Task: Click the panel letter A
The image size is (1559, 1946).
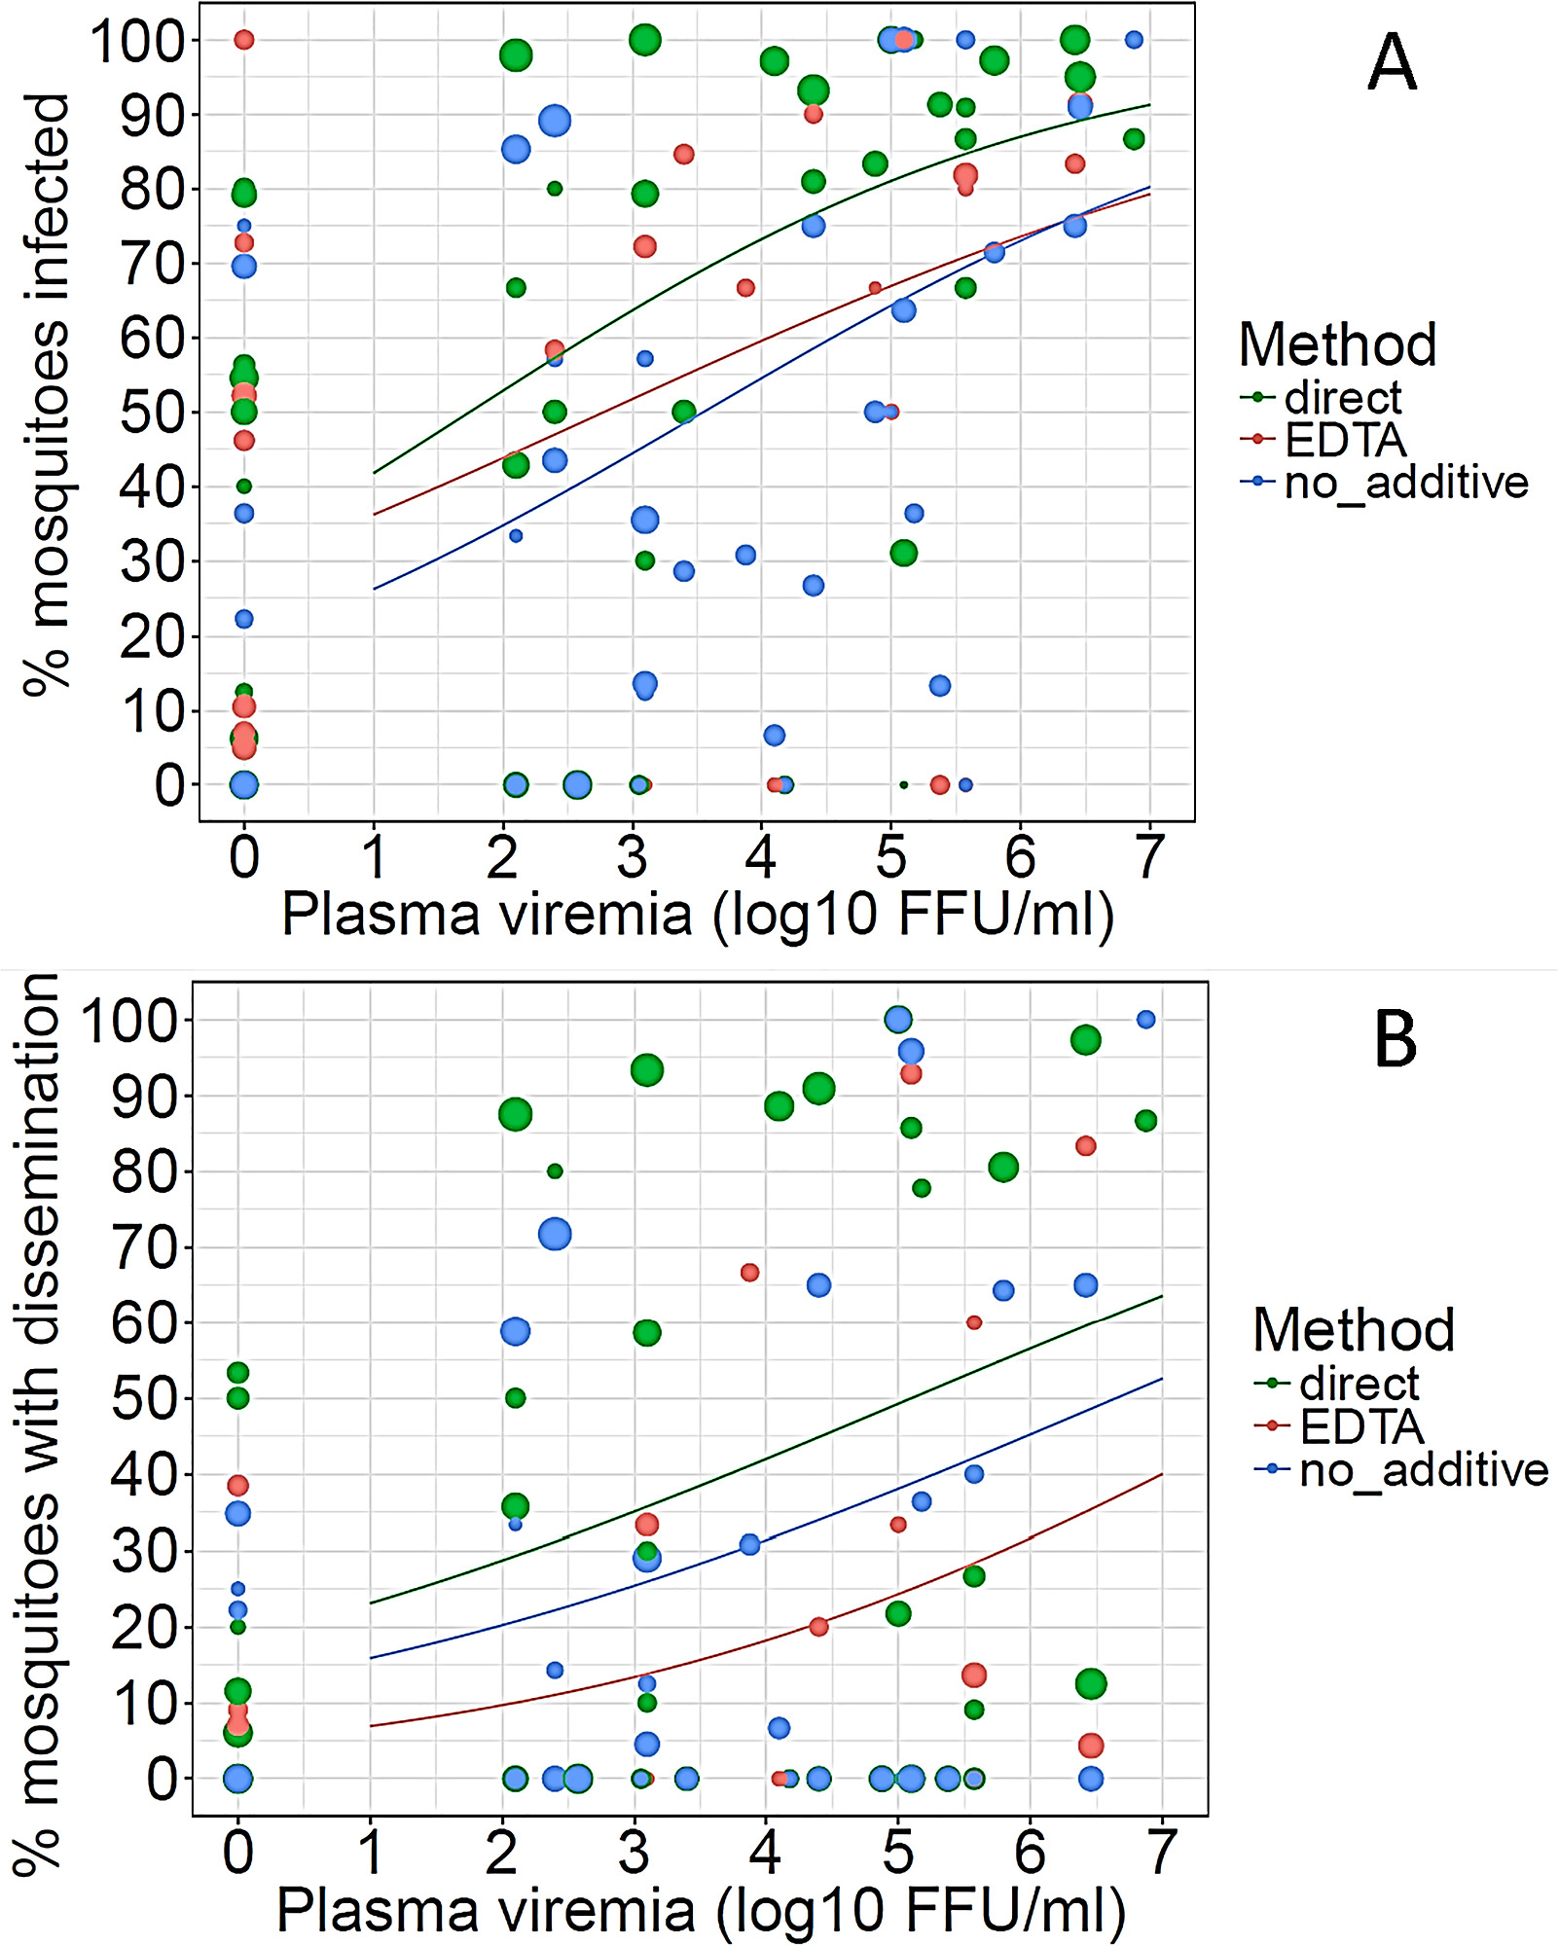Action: point(1392,62)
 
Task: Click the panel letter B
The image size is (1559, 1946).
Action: point(1395,1039)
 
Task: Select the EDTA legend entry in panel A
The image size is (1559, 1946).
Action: point(1345,441)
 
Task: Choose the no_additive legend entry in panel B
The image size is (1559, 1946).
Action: point(1423,1470)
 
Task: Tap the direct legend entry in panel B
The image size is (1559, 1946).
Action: point(1360,1384)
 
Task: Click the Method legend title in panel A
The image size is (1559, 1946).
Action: point(1337,344)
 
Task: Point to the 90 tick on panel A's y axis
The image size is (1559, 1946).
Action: point(151,115)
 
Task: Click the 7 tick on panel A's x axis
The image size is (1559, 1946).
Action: point(1149,857)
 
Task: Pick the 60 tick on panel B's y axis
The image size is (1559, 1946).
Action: point(143,1323)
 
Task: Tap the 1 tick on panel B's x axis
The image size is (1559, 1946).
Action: point(370,1854)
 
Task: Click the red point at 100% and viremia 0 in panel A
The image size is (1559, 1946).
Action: point(244,40)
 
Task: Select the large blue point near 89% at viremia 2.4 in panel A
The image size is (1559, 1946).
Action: point(555,121)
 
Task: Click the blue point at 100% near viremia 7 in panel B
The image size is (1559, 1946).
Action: point(1145,1020)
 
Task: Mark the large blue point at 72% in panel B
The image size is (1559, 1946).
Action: point(555,1235)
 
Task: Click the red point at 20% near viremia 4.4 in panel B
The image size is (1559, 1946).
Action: point(818,1627)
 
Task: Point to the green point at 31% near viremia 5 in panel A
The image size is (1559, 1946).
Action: point(903,553)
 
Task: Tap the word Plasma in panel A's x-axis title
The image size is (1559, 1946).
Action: point(380,916)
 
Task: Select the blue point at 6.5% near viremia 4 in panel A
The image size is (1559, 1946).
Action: point(774,736)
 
